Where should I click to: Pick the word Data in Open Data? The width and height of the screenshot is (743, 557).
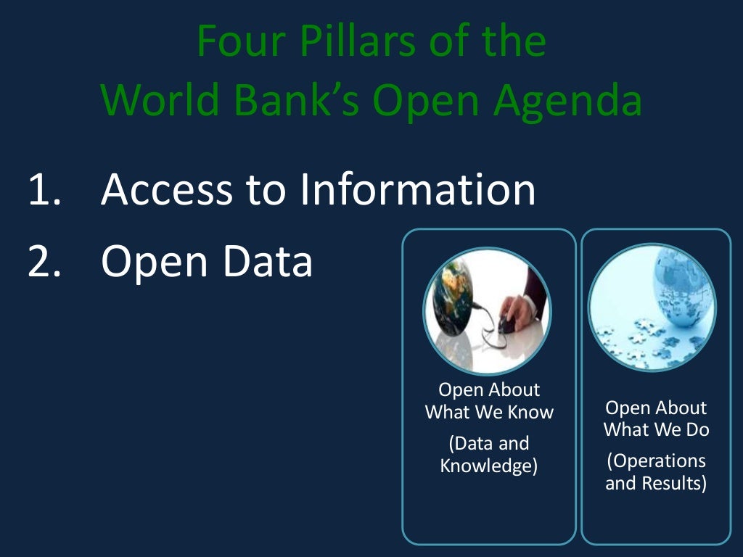point(268,262)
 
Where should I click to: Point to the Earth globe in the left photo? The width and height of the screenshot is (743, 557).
point(451,305)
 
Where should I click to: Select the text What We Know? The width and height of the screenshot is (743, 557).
point(489,413)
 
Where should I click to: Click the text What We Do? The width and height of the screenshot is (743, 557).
point(656,430)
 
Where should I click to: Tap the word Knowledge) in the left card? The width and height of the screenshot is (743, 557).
point(489,466)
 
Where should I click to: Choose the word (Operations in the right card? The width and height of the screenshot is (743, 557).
point(656,461)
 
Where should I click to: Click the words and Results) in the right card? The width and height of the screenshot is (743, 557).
point(656,483)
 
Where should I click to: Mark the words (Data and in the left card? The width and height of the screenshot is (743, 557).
point(489,443)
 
